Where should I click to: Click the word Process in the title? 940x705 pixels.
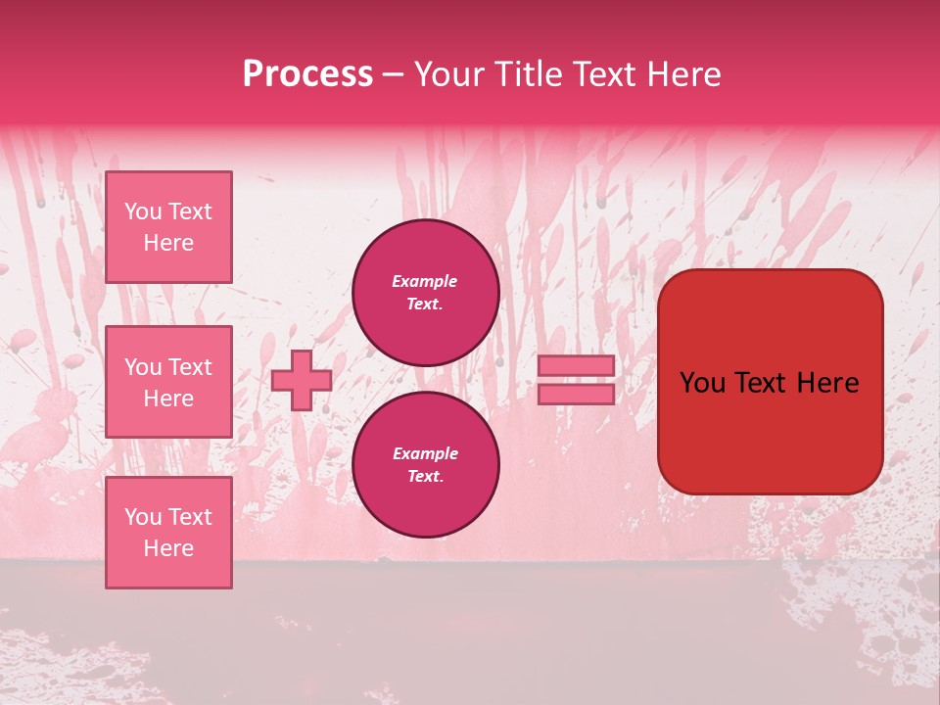click(307, 74)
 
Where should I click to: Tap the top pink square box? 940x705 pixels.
click(168, 227)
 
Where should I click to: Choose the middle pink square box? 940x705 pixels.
click(168, 382)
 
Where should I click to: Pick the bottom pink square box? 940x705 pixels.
click(168, 532)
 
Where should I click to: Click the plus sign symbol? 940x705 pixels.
click(302, 380)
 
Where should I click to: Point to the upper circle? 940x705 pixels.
click(425, 293)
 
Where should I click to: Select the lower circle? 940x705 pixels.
click(425, 465)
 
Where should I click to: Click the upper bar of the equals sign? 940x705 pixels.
click(576, 365)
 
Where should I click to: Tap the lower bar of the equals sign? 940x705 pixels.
click(576, 394)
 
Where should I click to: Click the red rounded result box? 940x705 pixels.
click(770, 382)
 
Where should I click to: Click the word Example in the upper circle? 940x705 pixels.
click(425, 281)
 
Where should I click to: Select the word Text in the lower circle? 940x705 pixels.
click(424, 477)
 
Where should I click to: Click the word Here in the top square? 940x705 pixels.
click(168, 243)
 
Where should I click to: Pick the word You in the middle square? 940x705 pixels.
click(143, 367)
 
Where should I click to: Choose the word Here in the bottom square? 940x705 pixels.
click(168, 548)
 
